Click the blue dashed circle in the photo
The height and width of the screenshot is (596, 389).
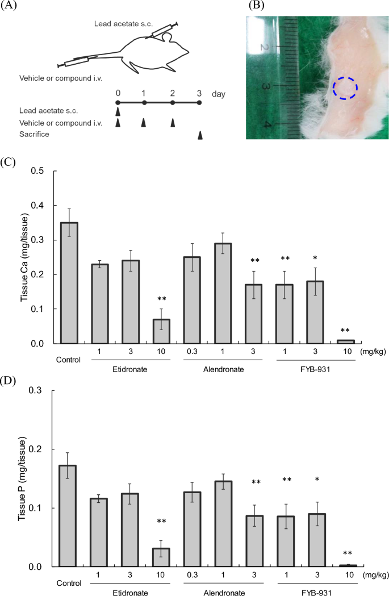[x=345, y=88]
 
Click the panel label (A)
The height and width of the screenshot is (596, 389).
[x=11, y=6]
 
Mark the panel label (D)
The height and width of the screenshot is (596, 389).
[x=11, y=377]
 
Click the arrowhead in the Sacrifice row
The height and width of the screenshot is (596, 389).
[x=199, y=135]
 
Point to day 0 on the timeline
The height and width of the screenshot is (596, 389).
[x=118, y=93]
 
